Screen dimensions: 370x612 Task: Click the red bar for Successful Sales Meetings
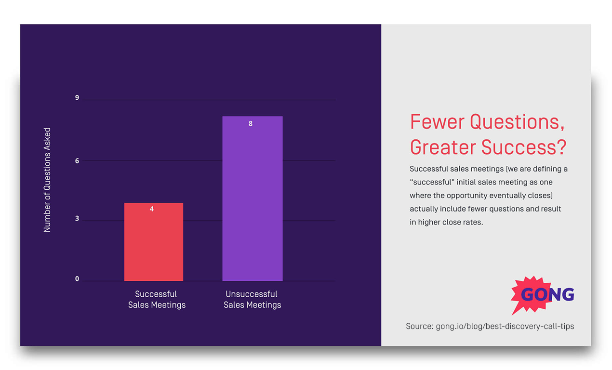[x=153, y=242]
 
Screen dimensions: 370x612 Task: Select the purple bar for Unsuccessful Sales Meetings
[x=252, y=198]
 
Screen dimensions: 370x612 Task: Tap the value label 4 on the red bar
[x=152, y=209]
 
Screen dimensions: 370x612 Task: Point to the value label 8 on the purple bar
[x=251, y=124]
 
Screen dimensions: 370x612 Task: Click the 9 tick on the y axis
[x=77, y=98]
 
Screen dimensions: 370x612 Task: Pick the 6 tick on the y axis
[x=77, y=161]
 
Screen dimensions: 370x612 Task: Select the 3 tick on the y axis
[x=77, y=219]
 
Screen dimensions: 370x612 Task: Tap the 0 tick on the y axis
[x=77, y=279]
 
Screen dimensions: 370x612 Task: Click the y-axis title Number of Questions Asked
[x=47, y=180]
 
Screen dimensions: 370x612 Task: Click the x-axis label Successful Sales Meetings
[x=157, y=299]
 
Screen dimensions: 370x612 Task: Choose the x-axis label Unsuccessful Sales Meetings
[x=252, y=299]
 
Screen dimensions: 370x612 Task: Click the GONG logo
[x=543, y=294]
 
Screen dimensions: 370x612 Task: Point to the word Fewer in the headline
[x=437, y=122]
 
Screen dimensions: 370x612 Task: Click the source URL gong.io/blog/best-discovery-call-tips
[x=505, y=326]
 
